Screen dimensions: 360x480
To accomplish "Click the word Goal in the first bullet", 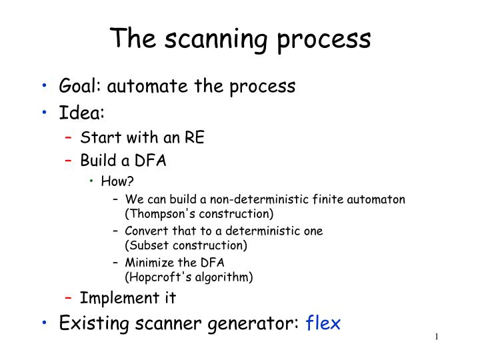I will [x=79, y=87].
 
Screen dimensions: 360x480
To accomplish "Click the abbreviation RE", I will [x=195, y=138].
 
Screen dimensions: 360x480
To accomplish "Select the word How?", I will [x=113, y=181].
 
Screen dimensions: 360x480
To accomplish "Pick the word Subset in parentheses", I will [x=145, y=245].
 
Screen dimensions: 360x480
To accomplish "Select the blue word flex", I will [x=323, y=323].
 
